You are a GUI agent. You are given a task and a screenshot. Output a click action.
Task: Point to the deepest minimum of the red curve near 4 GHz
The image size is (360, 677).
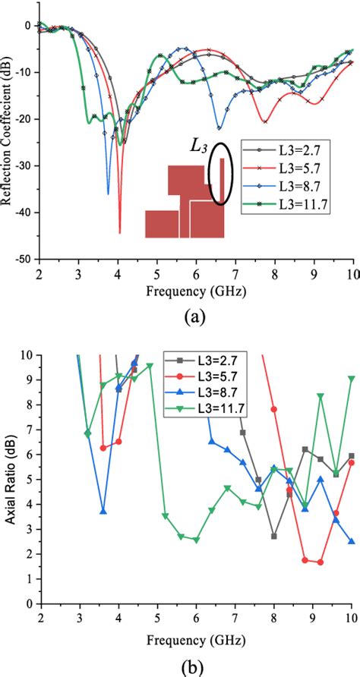[119, 232]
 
